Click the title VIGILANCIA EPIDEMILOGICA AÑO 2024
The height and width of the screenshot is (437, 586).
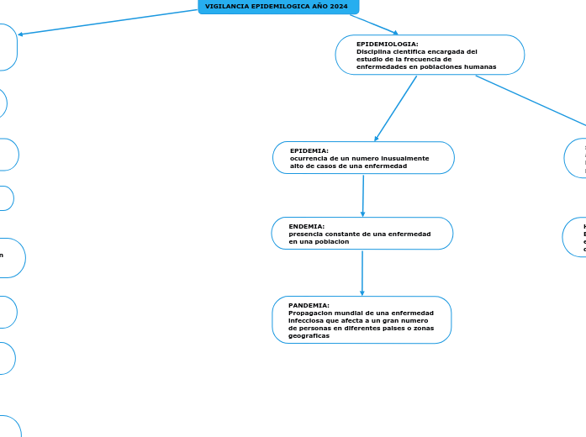pos(277,6)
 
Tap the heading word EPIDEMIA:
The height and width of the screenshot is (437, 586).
pos(309,150)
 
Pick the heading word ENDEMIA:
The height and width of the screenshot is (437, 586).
pos(306,226)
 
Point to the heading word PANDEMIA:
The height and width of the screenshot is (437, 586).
pos(309,305)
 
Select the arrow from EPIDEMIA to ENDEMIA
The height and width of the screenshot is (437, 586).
pos(363,196)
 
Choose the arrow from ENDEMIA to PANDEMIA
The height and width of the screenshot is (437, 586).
pos(362,273)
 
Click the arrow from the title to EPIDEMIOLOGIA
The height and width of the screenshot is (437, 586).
pos(374,24)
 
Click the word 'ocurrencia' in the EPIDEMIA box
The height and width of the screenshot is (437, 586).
pos(308,158)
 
